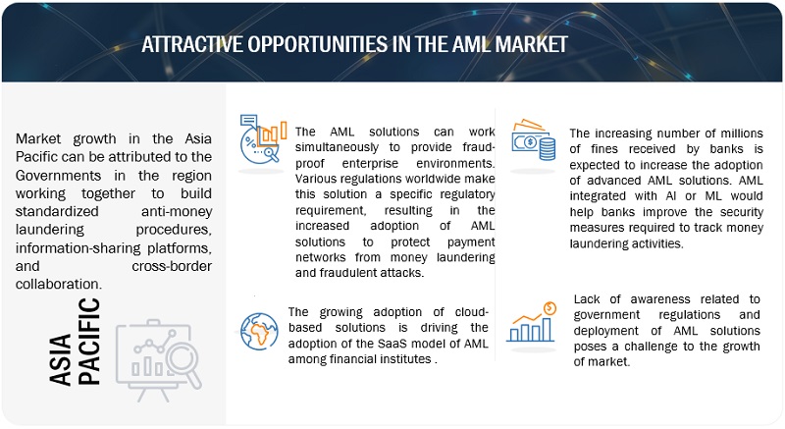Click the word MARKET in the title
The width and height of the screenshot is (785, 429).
pos(531,44)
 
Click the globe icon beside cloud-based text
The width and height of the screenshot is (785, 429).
pos(259,332)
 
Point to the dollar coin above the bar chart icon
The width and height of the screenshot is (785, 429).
pos(549,308)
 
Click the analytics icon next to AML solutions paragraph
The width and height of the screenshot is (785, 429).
pos(263,139)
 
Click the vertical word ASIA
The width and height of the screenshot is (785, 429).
pos(60,360)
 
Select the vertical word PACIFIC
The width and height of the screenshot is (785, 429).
pos(89,342)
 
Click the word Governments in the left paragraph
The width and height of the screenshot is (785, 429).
pos(58,176)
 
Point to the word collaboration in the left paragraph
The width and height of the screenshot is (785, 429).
pos(59,284)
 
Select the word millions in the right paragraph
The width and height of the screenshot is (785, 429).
pos(742,134)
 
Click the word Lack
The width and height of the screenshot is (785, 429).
pos(587,299)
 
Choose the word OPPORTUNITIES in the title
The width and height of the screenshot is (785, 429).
pos(318,44)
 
